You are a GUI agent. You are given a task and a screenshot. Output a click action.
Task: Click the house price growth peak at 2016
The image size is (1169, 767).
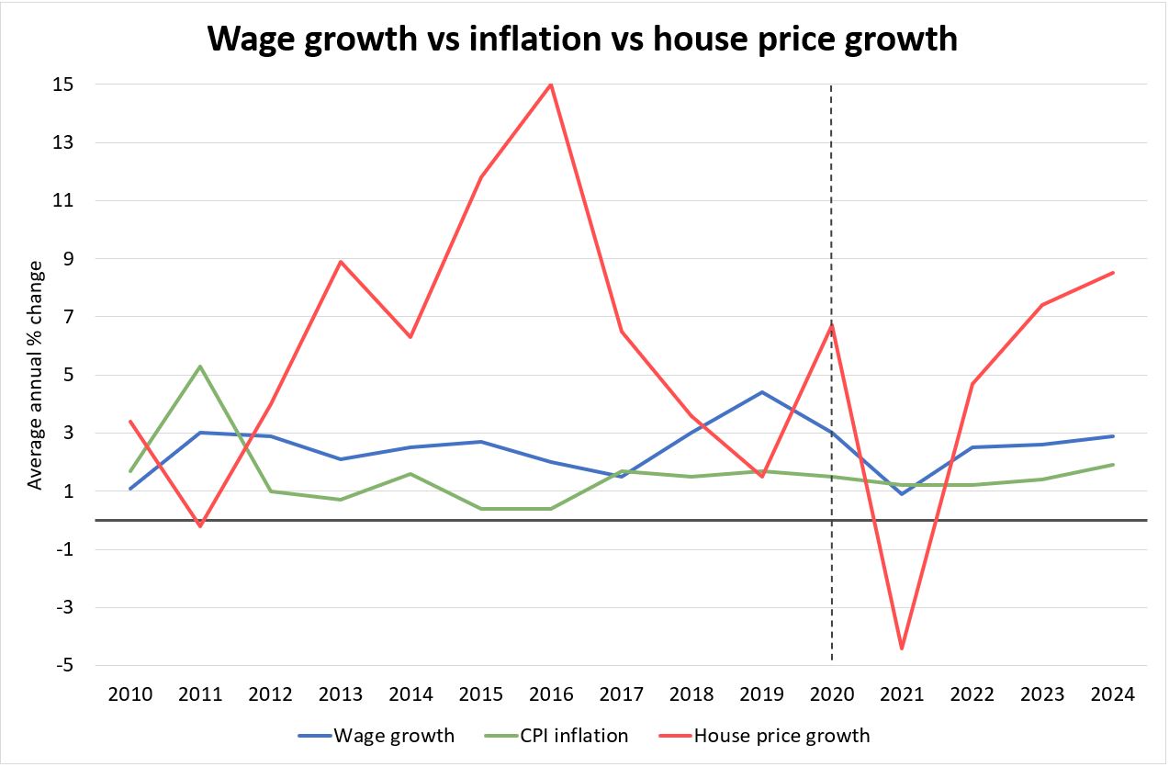[550, 85]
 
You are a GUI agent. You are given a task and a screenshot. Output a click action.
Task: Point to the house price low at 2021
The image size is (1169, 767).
[901, 649]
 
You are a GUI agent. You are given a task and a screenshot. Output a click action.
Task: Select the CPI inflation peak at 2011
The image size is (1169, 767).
[200, 367]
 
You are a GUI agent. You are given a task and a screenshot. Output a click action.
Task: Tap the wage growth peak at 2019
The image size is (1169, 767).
[761, 392]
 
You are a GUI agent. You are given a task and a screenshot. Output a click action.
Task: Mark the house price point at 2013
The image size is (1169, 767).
[341, 262]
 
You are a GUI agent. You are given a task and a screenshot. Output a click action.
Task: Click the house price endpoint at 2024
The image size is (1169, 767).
[1113, 272]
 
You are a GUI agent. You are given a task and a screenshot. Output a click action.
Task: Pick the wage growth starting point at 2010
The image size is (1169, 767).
[130, 489]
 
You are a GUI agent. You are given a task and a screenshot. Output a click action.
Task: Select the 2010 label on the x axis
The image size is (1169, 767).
[130, 694]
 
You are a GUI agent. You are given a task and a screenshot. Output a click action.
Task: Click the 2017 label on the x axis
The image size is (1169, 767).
[621, 694]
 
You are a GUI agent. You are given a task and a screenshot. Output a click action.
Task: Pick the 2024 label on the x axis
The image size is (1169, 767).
[1113, 694]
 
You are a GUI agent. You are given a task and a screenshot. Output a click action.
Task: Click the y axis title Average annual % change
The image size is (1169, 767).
[36, 375]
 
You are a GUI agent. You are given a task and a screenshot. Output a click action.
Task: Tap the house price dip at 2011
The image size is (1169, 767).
[200, 525]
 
